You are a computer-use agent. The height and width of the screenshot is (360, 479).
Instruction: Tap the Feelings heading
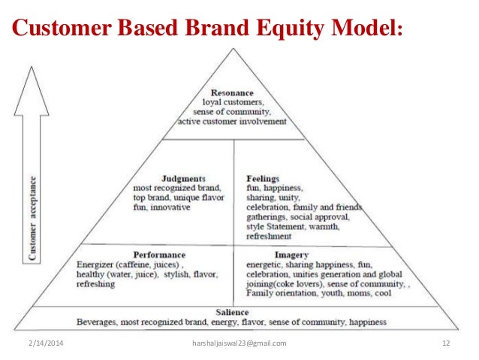click(x=264, y=177)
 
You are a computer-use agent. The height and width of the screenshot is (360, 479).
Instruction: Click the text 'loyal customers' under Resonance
click(x=233, y=101)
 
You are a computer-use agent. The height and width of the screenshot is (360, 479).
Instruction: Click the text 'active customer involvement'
click(x=233, y=121)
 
